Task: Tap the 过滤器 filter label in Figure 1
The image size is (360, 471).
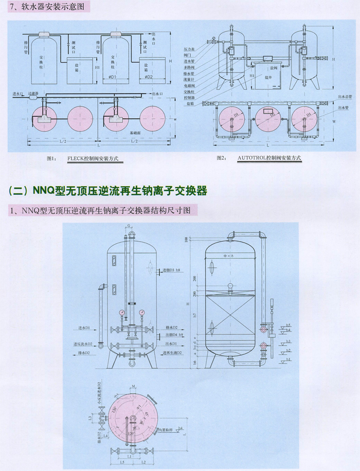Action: tap(34, 94)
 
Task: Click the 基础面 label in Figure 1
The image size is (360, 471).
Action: tap(136, 132)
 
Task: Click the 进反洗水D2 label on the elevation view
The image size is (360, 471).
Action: tap(82, 343)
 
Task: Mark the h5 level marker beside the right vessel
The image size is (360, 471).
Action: tap(289, 325)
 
